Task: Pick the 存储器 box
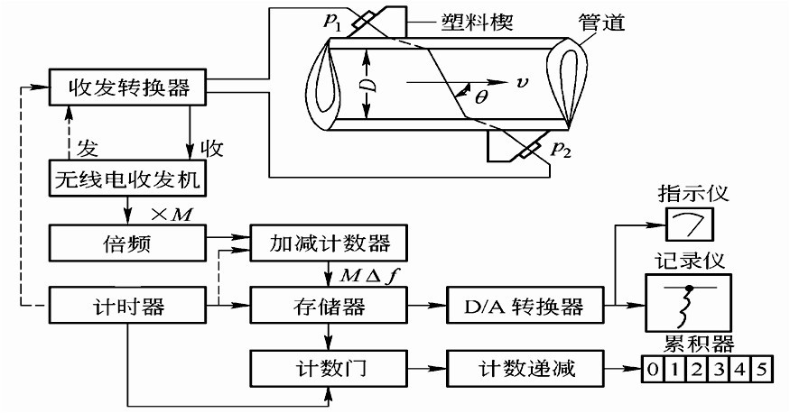pyautogui.click(x=329, y=307)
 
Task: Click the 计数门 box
pyautogui.click(x=329, y=370)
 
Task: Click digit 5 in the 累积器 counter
pyautogui.click(x=763, y=370)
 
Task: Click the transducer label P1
pyautogui.click(x=338, y=22)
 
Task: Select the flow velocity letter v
pyautogui.click(x=523, y=83)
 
